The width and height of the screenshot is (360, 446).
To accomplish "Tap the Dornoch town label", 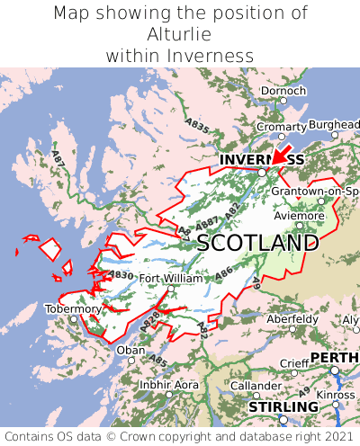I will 283,91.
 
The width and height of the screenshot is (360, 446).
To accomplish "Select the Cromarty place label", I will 281,127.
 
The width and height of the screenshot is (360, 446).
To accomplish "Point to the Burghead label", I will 334,124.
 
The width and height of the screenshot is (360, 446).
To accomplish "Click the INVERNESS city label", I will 262,160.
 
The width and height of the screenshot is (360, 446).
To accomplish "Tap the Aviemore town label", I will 298,216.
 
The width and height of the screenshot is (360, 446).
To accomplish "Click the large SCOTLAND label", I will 257,243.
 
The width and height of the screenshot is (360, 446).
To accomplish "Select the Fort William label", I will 171,279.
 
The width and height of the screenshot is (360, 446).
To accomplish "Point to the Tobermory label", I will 73,308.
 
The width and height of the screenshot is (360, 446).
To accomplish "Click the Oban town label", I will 130,350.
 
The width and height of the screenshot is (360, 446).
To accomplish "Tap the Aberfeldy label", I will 292,318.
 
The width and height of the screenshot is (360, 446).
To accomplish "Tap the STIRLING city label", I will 283,406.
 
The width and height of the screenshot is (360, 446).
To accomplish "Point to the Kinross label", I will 337,395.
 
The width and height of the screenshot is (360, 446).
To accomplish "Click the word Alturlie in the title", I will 180,34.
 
